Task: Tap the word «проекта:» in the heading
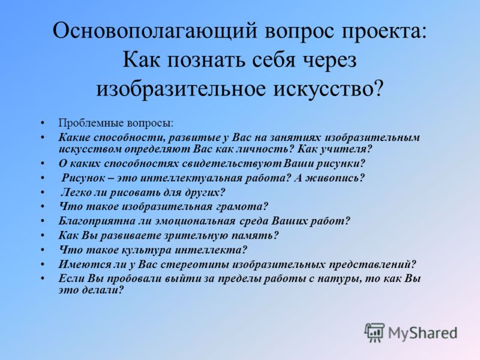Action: (383, 32)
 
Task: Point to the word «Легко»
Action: (76, 192)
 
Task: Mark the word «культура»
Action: (146, 250)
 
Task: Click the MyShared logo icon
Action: (374, 332)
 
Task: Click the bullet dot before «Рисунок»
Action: (43, 178)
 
